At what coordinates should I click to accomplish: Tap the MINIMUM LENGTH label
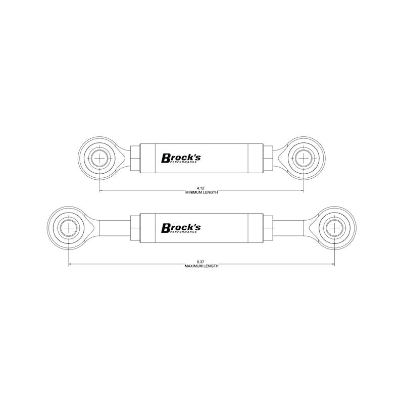(x=202, y=192)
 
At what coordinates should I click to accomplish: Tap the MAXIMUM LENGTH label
(x=202, y=266)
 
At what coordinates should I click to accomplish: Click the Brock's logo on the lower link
(x=181, y=228)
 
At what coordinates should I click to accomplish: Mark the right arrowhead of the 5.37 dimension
(x=332, y=264)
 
